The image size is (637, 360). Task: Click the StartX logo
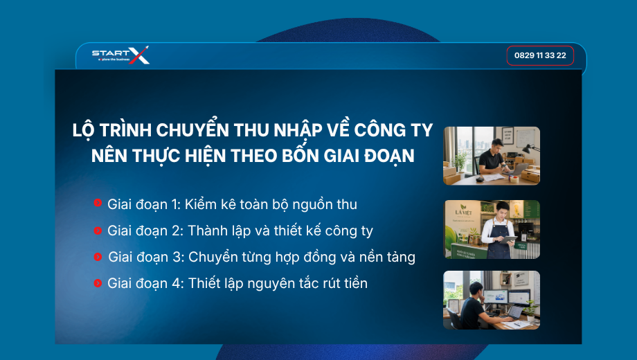point(120,55)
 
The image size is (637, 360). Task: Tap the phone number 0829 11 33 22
point(540,55)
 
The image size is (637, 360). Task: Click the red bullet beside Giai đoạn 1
point(98,202)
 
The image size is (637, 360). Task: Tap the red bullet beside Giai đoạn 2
point(98,231)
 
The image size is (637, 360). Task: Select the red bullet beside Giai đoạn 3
point(98,257)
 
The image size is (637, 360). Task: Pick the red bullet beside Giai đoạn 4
point(98,282)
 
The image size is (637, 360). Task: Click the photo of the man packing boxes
point(492,156)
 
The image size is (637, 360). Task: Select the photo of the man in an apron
point(492,230)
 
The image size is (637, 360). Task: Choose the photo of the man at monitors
point(492,300)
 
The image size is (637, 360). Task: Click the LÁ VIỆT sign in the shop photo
point(463,211)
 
